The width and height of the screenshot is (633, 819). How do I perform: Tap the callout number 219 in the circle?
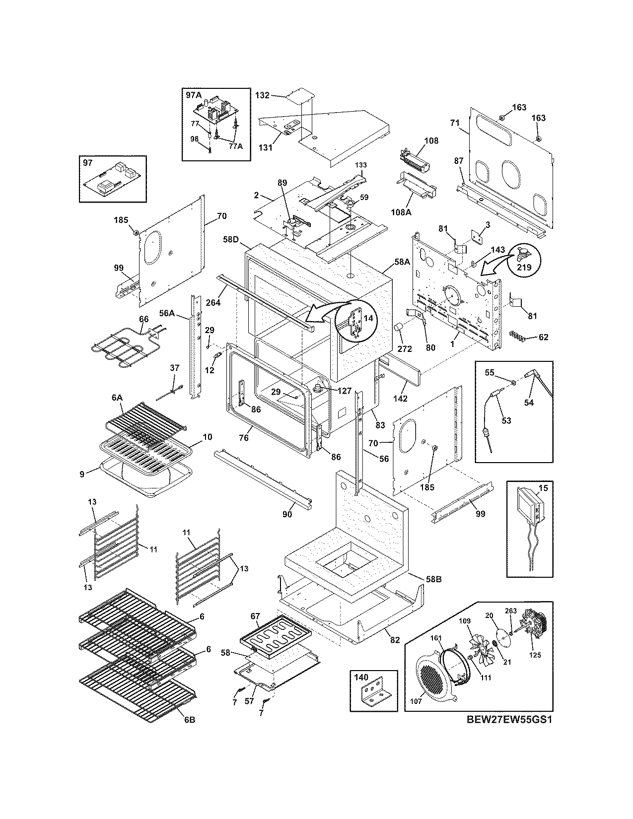pos(524,267)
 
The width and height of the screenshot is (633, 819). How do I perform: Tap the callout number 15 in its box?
pos(543,488)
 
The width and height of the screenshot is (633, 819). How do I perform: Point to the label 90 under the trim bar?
pos(287,515)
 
